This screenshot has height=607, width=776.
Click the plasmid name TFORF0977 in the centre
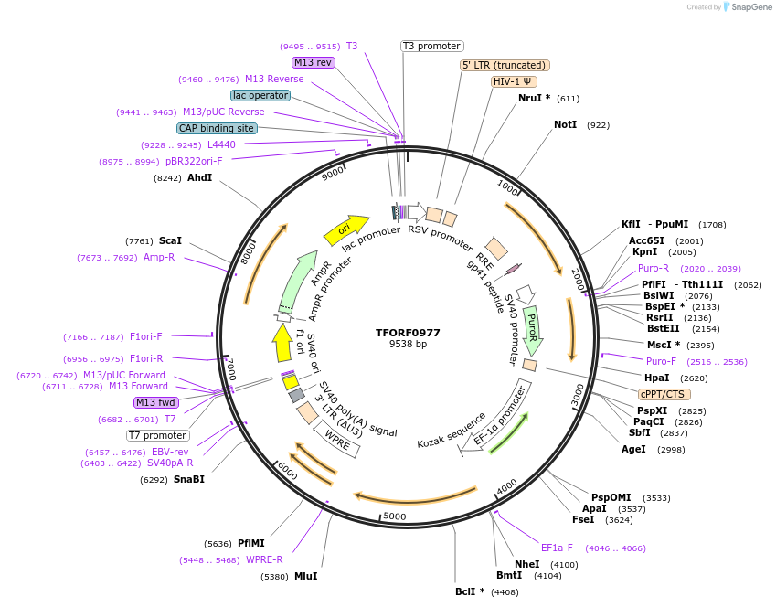(x=408, y=333)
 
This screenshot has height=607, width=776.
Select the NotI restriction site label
(x=565, y=124)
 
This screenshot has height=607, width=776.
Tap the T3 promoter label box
(x=432, y=46)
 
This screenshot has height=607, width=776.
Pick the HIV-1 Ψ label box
(x=514, y=81)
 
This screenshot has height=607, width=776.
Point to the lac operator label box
(x=260, y=95)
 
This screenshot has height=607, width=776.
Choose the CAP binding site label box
(x=217, y=129)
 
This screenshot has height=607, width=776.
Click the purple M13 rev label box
(x=314, y=62)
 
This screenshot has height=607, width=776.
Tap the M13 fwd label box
(x=156, y=402)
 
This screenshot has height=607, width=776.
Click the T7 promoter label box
(x=158, y=435)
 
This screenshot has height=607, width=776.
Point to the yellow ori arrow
(x=346, y=229)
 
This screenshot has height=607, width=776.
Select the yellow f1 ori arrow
(x=282, y=343)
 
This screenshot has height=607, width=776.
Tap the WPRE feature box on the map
(x=338, y=439)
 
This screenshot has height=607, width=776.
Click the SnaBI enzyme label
(x=189, y=479)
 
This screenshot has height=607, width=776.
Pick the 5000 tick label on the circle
(x=394, y=516)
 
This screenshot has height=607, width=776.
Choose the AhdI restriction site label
(x=199, y=177)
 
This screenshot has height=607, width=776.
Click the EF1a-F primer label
(x=557, y=548)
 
